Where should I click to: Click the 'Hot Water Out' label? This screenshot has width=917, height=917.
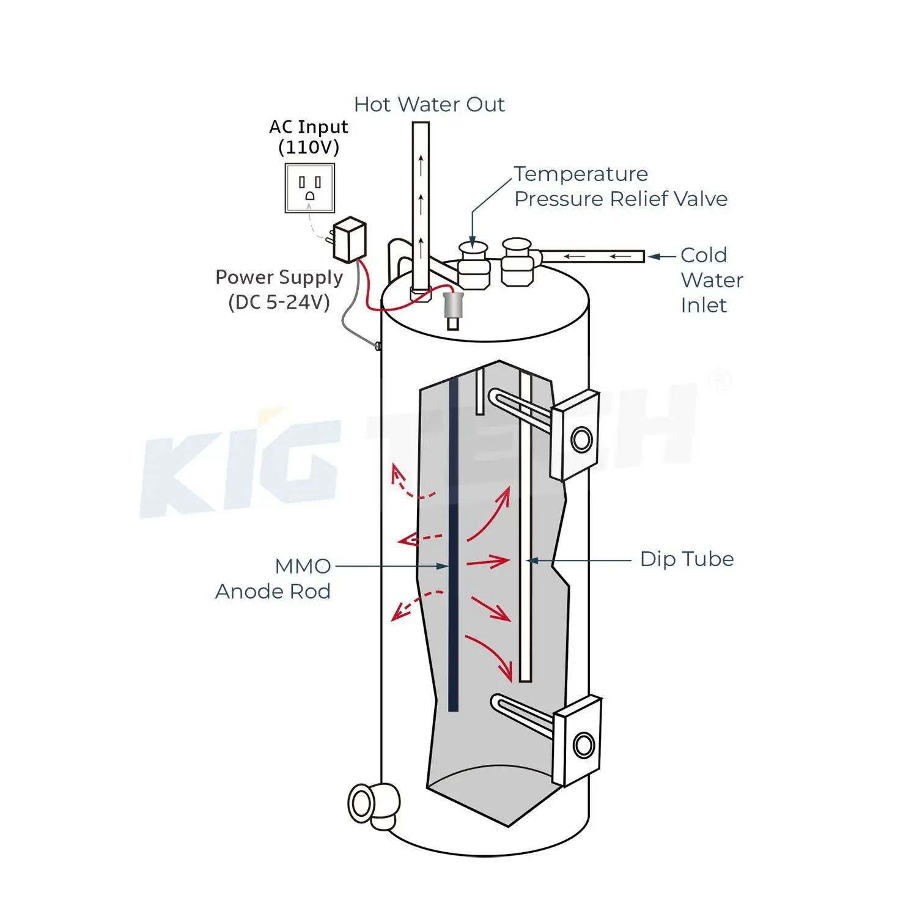click(429, 105)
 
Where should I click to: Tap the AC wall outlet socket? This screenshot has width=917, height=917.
click(309, 188)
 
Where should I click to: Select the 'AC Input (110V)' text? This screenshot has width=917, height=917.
click(309, 137)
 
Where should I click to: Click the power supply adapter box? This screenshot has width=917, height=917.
click(350, 239)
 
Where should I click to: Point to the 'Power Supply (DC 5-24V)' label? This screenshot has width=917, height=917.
click(279, 289)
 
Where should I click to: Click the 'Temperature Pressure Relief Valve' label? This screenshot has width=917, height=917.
click(621, 186)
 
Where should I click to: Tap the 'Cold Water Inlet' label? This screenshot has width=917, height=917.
click(712, 280)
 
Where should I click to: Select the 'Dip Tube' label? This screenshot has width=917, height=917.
click(687, 559)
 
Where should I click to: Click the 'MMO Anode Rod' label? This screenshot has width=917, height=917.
click(273, 578)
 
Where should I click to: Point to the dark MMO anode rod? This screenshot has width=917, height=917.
click(453, 544)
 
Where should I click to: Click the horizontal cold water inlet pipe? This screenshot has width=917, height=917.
click(592, 256)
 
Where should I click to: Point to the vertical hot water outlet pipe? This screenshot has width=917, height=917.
click(421, 202)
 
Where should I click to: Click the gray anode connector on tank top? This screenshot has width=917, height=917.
click(453, 304)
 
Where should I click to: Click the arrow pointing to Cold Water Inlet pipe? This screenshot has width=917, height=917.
click(654, 257)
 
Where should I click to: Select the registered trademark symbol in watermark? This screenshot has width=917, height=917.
click(719, 381)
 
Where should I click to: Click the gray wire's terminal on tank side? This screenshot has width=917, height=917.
click(378, 347)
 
